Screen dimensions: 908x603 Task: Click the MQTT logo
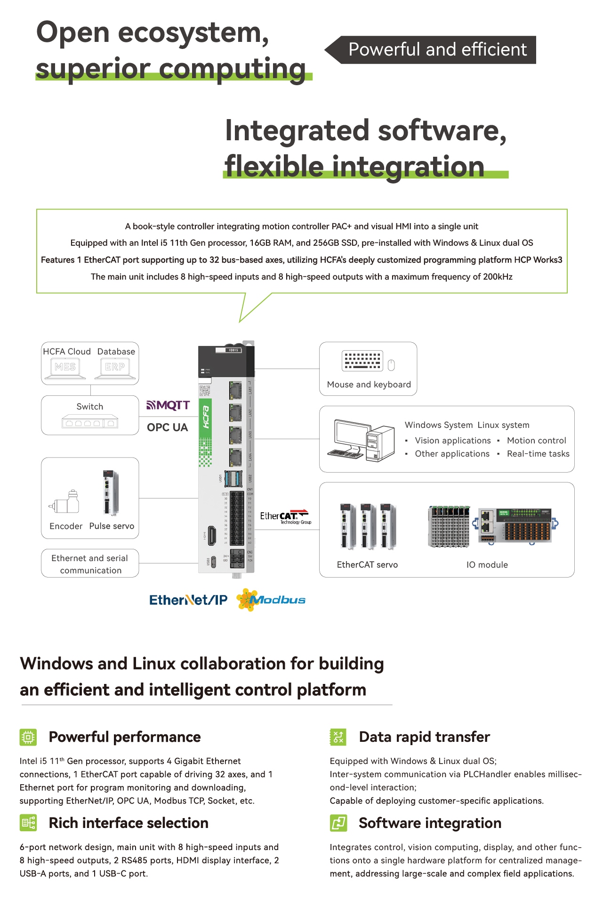[x=168, y=405]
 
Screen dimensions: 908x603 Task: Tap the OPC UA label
[x=167, y=427]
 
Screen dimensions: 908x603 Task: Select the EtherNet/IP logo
[x=188, y=600]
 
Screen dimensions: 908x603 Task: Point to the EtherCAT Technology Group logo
[x=284, y=516]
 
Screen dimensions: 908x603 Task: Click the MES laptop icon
[x=65, y=368]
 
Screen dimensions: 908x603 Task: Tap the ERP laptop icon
[x=115, y=368]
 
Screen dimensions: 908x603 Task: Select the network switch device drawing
[x=90, y=422]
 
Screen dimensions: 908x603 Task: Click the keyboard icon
[x=362, y=361]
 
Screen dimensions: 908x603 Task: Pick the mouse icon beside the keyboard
[x=391, y=365]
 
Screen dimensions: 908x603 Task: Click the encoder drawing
[x=65, y=503]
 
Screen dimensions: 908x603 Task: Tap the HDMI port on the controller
[x=212, y=535]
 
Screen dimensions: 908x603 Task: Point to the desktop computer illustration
[x=362, y=440]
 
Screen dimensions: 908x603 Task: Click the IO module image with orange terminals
[x=515, y=526]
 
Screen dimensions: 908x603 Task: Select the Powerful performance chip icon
[x=28, y=737]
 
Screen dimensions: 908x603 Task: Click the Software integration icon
[x=338, y=823]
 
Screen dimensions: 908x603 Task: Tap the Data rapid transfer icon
[x=338, y=737]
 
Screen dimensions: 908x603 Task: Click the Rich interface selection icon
[x=28, y=823]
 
